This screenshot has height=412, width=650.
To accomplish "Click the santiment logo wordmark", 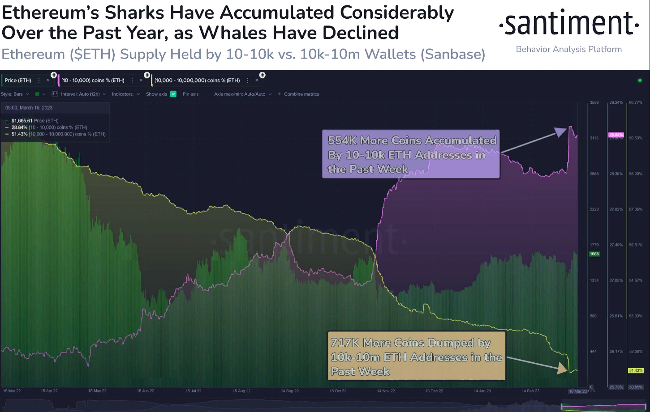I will tap(569, 24).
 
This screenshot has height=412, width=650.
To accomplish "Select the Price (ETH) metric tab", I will tap(18, 81).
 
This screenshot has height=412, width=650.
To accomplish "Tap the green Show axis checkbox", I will tap(173, 94).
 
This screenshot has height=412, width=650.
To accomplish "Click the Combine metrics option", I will tap(301, 94).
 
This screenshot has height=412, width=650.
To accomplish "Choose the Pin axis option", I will tap(190, 94).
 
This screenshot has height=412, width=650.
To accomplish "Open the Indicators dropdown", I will tap(125, 94).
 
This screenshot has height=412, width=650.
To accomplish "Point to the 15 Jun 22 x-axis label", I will tap(146, 391).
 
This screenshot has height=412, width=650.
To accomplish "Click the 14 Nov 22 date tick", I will tap(386, 391).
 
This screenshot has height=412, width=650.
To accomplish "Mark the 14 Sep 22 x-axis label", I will tap(290, 391).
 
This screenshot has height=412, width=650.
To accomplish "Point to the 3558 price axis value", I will tap(594, 102).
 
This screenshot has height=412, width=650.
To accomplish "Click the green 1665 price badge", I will tap(594, 254).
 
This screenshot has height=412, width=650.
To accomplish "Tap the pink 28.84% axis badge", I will tap(616, 135).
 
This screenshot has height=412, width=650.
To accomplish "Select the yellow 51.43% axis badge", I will tap(636, 370).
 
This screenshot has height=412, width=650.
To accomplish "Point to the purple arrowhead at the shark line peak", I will tap(561, 132).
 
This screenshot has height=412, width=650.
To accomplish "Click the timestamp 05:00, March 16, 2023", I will tap(29, 108).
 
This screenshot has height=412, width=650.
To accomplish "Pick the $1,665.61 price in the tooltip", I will tap(22, 121).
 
